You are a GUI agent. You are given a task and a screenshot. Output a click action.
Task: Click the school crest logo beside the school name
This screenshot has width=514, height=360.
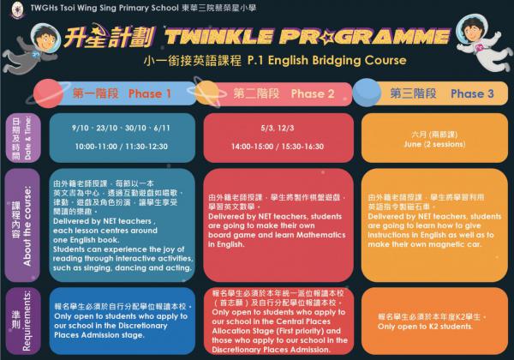(17, 9)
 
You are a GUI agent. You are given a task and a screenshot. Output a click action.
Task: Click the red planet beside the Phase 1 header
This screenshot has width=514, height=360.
(48, 93)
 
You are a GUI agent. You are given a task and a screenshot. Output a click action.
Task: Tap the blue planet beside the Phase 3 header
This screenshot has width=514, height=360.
(367, 93)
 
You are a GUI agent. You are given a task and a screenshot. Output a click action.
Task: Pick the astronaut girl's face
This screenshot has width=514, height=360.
(473, 32)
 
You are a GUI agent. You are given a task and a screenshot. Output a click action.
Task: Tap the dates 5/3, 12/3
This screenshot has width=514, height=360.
(278, 128)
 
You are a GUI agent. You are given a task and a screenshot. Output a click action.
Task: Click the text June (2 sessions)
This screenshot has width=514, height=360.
(434, 144)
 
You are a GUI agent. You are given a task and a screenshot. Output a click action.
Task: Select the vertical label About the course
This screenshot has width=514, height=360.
(27, 226)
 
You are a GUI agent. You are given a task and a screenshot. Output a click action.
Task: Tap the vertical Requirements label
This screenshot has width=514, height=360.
(27, 321)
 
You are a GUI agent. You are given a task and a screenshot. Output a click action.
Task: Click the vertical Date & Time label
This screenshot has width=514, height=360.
(27, 138)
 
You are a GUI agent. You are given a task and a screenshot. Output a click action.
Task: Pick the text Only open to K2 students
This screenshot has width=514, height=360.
(425, 327)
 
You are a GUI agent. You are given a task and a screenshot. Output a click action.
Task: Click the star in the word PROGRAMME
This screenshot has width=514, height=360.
(326, 38)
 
